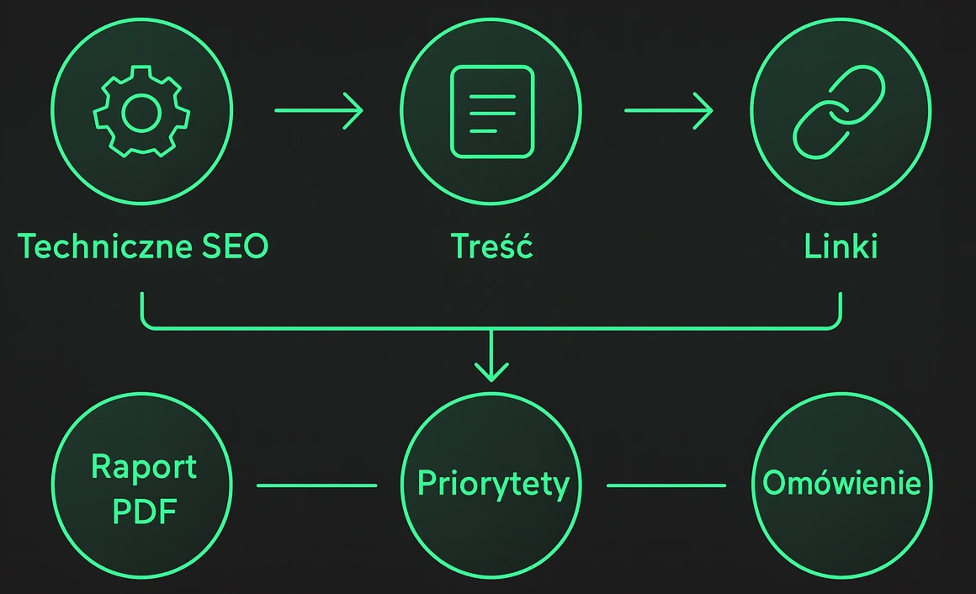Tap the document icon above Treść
click(x=492, y=111)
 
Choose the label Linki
click(x=841, y=247)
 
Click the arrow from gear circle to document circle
click(x=318, y=110)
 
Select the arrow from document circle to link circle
click(x=668, y=110)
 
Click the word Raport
click(x=143, y=467)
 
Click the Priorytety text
click(x=493, y=485)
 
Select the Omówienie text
click(x=841, y=484)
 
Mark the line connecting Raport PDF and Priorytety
click(x=316, y=485)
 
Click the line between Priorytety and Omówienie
click(x=666, y=485)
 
